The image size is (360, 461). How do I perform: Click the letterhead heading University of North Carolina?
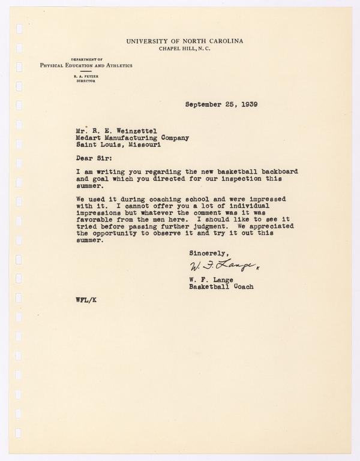pos(185,40)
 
